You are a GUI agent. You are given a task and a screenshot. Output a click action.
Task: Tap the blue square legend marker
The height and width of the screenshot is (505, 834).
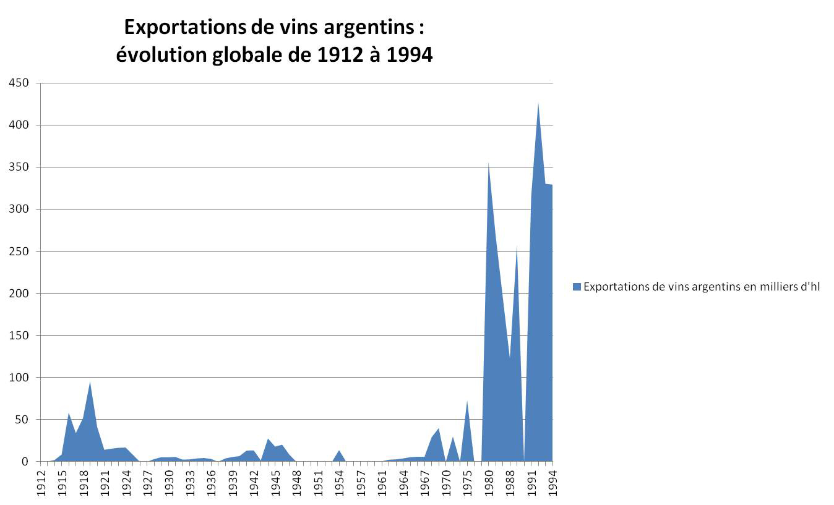(x=577, y=287)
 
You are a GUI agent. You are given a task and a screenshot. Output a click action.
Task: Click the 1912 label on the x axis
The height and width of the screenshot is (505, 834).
(x=41, y=483)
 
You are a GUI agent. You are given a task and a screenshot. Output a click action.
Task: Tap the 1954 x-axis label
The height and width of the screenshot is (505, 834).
(x=340, y=483)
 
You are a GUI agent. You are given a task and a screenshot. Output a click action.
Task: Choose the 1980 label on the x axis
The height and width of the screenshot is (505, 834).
(x=489, y=483)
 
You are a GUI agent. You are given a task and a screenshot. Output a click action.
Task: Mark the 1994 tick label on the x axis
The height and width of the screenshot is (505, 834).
(x=552, y=483)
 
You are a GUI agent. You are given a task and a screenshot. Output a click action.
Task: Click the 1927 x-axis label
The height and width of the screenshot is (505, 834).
(x=147, y=483)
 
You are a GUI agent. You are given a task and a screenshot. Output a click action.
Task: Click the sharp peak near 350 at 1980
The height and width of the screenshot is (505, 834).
(x=489, y=163)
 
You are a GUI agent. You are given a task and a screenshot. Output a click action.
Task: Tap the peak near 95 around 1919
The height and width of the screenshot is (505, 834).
(x=90, y=383)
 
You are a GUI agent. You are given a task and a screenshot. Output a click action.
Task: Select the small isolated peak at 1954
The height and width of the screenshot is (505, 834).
(x=340, y=451)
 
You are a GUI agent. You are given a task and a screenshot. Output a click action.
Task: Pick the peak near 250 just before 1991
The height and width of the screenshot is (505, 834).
(x=517, y=247)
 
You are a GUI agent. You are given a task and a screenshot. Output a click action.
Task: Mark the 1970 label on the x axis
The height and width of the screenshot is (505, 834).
(x=446, y=483)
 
